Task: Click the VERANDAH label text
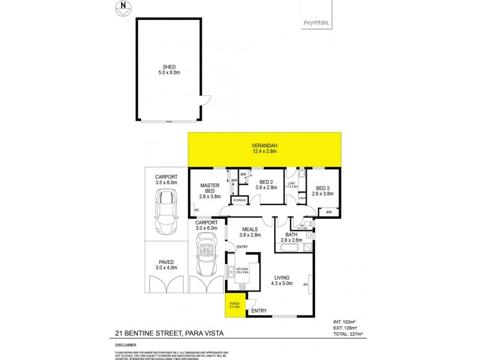point(264,148)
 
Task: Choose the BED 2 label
point(266,185)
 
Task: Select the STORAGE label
point(240,200)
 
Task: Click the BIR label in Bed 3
point(329,212)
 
